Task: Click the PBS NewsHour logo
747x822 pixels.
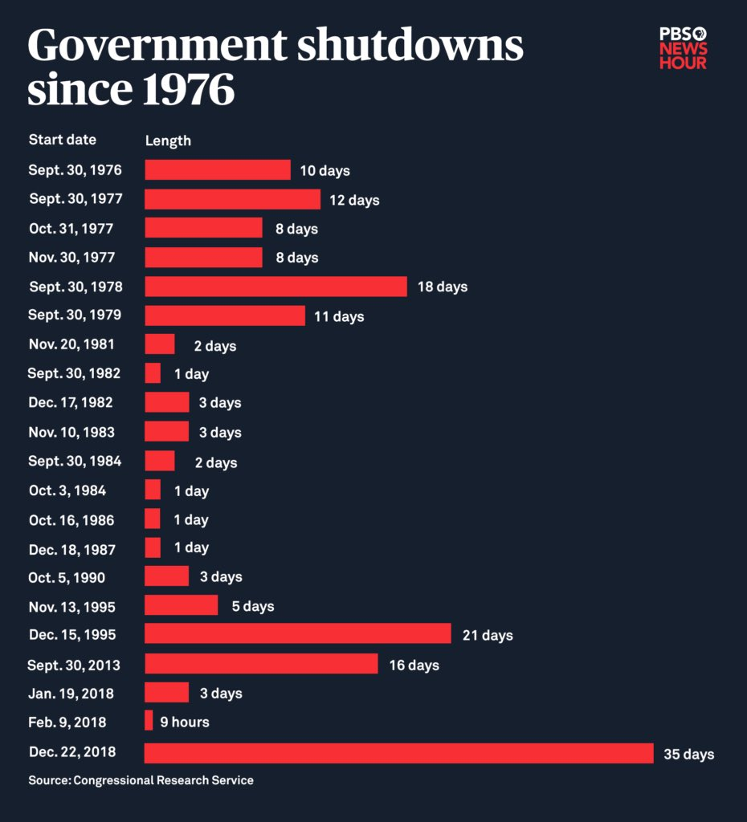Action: point(683,48)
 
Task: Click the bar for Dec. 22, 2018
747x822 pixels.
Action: point(398,753)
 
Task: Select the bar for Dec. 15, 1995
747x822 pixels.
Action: point(297,634)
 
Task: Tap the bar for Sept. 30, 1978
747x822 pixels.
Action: point(276,287)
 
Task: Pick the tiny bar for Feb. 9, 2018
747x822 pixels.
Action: point(149,722)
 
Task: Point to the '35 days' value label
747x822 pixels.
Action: point(688,755)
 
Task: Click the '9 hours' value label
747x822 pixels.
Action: point(184,722)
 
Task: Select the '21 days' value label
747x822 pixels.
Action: point(487,635)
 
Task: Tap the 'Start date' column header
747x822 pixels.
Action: point(62,140)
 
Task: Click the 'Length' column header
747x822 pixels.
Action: point(168,140)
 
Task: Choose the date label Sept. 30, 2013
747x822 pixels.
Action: point(74,665)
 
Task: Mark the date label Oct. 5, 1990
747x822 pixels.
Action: point(67,577)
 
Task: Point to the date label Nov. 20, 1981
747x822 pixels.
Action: point(71,344)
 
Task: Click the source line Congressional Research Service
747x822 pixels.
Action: point(141,780)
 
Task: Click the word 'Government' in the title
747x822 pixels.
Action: point(156,47)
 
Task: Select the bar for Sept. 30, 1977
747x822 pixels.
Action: point(232,199)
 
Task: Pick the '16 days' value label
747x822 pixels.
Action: point(414,665)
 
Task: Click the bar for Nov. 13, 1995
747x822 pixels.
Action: point(181,605)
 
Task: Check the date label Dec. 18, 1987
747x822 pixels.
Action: point(71,550)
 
